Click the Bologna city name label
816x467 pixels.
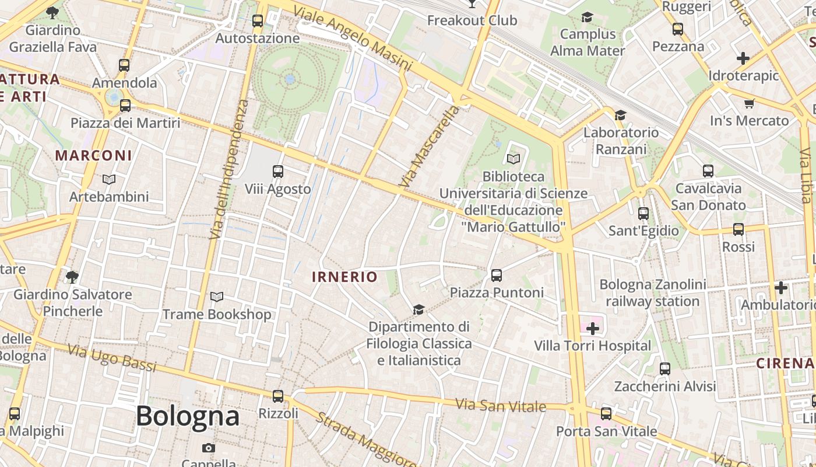[188, 416]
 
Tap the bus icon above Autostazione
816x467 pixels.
[258, 22]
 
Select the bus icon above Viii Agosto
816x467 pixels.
[278, 172]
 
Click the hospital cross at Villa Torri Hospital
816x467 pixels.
[593, 329]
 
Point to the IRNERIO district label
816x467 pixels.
[344, 277]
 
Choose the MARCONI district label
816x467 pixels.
[93, 156]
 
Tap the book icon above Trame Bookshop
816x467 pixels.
[217, 297]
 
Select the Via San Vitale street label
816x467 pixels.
[500, 405]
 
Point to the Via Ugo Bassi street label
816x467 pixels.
[112, 358]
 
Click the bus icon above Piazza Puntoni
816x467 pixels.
[497, 276]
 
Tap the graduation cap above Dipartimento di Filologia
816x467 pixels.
[418, 309]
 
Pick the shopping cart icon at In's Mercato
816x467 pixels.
[749, 104]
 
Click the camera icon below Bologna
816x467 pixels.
[209, 448]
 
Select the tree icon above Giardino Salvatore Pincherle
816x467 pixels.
[72, 277]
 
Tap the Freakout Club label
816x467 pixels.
[472, 20]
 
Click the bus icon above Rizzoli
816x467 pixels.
[278, 396]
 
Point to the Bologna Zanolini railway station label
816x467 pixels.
[653, 293]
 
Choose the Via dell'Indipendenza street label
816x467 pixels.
[228, 169]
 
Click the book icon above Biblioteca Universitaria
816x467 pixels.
[513, 159]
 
